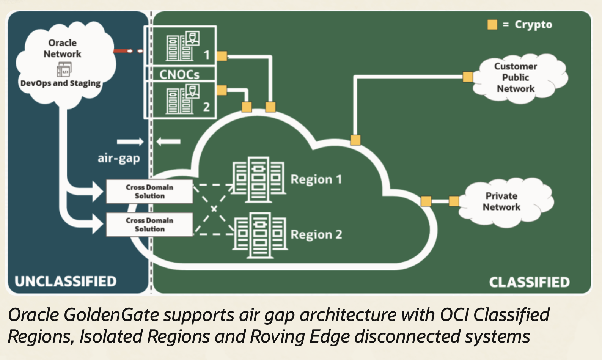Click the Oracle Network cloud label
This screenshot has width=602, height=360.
(63, 48)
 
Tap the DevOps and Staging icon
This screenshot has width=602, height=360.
(64, 70)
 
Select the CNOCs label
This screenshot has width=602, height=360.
(179, 74)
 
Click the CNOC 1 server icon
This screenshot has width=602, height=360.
(183, 47)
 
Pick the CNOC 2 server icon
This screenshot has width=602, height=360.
(183, 100)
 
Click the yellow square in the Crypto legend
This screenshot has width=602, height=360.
(492, 25)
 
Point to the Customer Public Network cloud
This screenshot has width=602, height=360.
(516, 77)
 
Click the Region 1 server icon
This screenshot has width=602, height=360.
(259, 179)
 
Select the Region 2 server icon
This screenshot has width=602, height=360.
(259, 234)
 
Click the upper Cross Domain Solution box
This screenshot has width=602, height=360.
(149, 192)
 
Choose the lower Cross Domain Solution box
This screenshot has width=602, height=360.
(149, 225)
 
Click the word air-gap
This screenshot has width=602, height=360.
(119, 158)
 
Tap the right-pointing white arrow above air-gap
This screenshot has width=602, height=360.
(130, 142)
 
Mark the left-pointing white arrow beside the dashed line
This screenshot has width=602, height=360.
(169, 142)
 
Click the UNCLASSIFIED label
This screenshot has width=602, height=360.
(66, 281)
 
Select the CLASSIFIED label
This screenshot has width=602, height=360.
(529, 282)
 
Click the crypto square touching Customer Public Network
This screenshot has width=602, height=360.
(468, 77)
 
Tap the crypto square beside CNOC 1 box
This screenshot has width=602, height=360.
(222, 56)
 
